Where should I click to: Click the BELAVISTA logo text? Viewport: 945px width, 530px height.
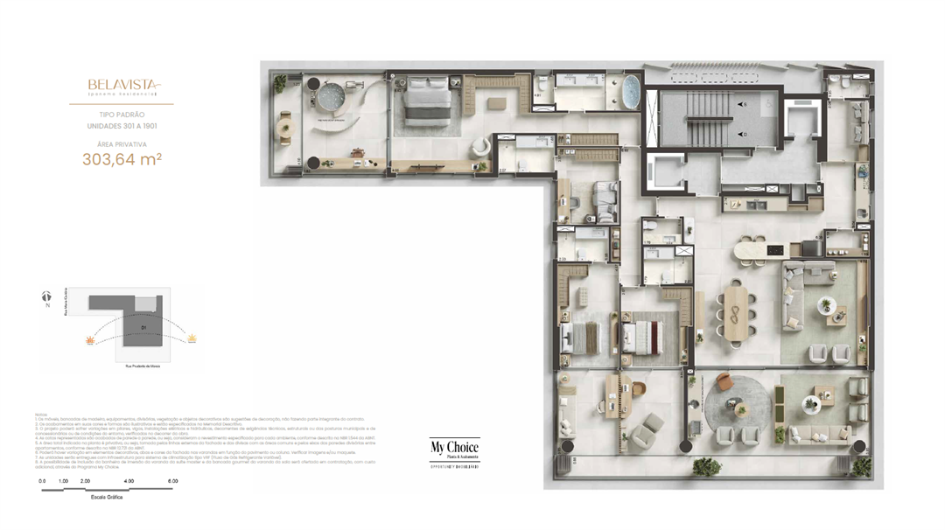tap(123, 85)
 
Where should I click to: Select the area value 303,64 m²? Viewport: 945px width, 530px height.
tap(122, 159)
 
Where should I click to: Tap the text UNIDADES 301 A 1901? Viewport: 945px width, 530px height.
tap(122, 126)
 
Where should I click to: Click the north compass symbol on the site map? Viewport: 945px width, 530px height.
tap(46, 298)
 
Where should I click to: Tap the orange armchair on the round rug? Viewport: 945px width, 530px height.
tap(724, 382)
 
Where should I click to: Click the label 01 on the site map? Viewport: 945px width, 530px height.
tap(143, 327)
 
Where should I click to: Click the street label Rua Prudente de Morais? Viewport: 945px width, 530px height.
tap(142, 366)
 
